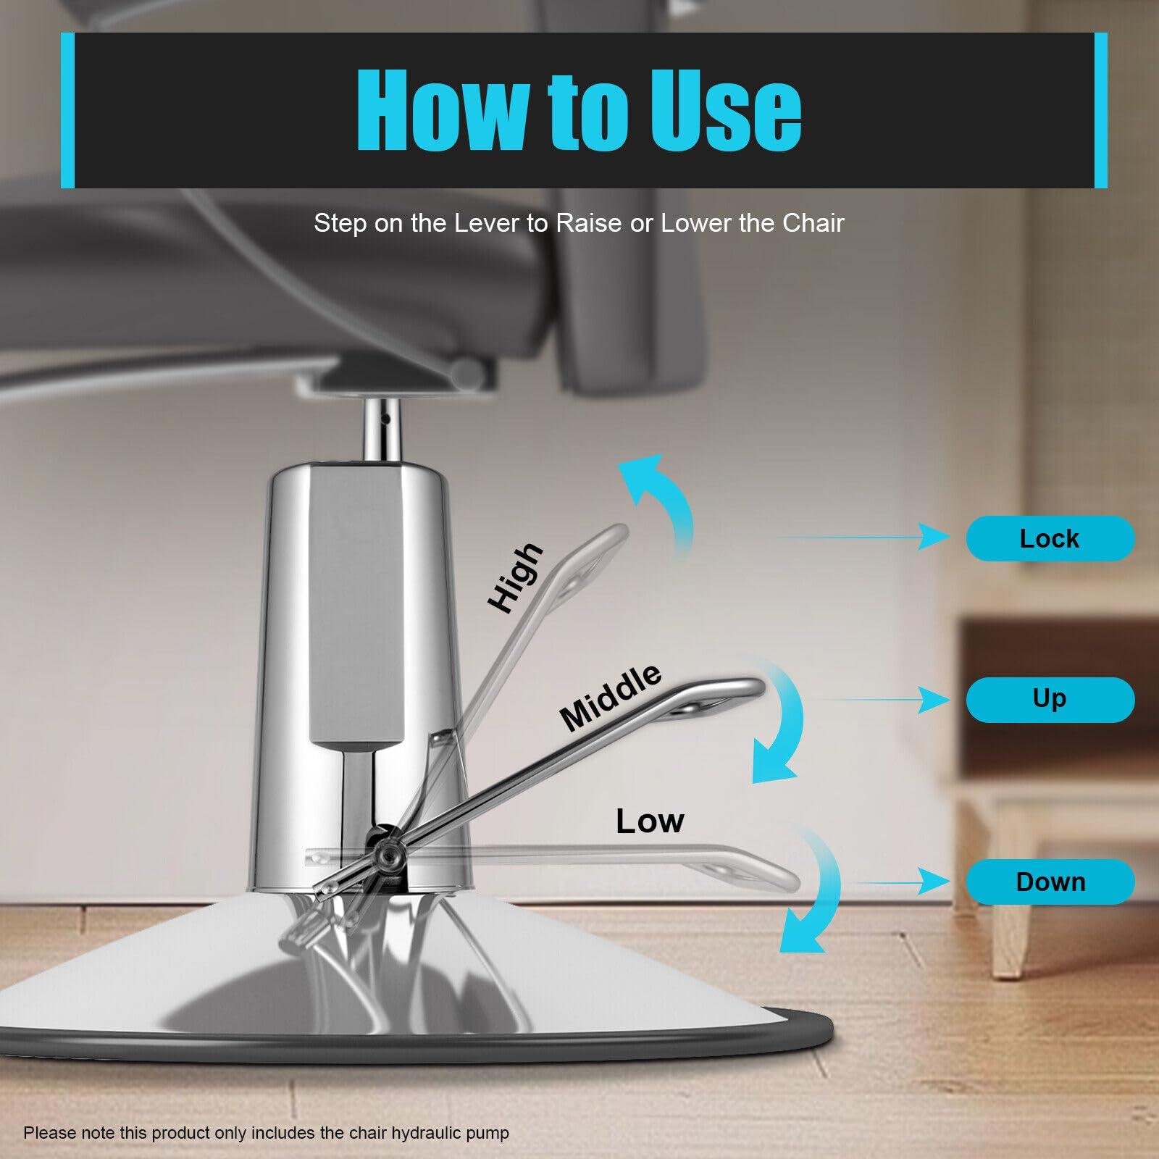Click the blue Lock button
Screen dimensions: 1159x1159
tap(1050, 538)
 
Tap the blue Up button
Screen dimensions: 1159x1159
tap(1050, 700)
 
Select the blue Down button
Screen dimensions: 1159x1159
tap(1050, 882)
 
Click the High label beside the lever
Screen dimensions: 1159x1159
tap(515, 578)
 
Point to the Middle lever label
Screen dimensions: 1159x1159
tap(611, 696)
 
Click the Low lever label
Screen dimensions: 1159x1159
tap(650, 821)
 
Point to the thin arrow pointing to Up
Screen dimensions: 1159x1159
tap(879, 700)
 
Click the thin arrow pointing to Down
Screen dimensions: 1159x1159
tap(899, 882)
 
